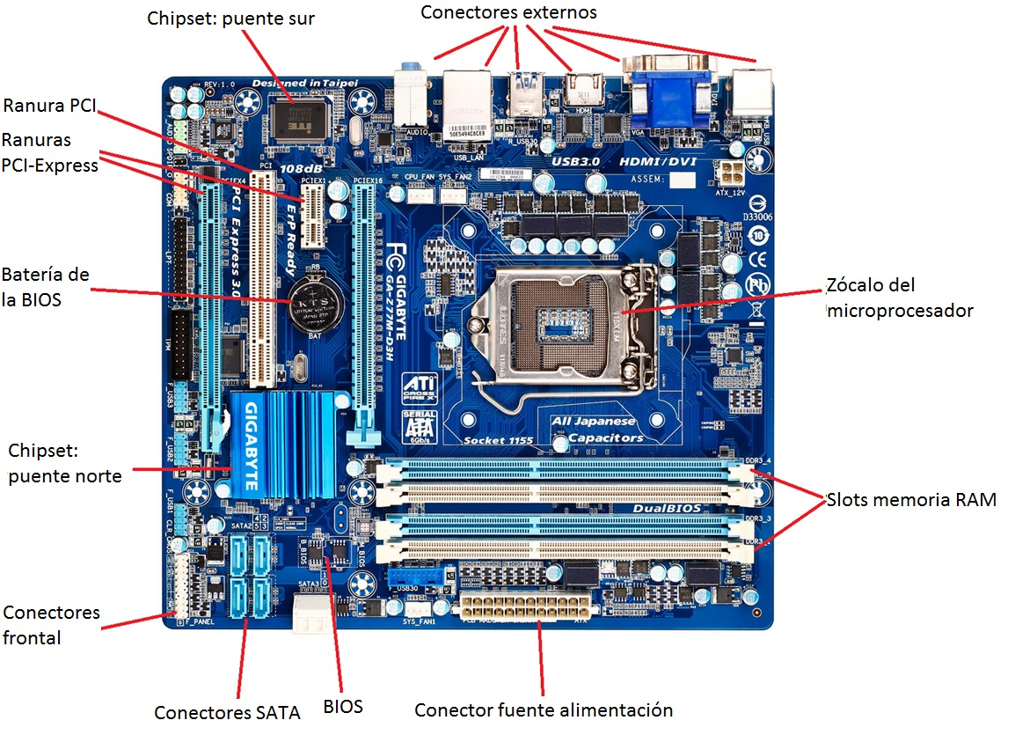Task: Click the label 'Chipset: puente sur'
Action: click(x=230, y=18)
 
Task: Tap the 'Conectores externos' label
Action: click(x=508, y=12)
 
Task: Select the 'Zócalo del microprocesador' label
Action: click(x=899, y=298)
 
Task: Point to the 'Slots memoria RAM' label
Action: click(x=911, y=500)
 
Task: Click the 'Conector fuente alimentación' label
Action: click(x=543, y=710)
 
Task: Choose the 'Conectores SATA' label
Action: click(x=227, y=712)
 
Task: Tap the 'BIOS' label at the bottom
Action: click(x=343, y=706)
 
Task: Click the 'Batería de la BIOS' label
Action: click(x=45, y=286)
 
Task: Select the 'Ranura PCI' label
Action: click(x=49, y=106)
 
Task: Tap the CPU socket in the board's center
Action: click(x=554, y=317)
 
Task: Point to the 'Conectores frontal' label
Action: click(x=51, y=624)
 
